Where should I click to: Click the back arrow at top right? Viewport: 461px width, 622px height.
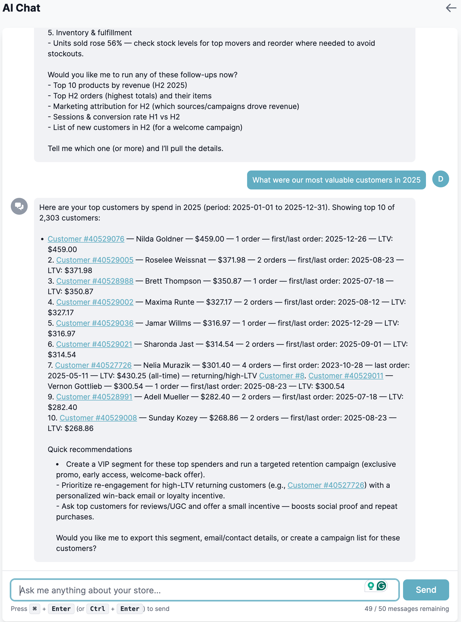pos(451,8)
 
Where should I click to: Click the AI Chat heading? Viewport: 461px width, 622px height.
pos(22,8)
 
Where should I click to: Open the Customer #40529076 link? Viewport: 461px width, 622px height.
pos(86,239)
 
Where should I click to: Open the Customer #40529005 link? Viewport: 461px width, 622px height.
pos(95,260)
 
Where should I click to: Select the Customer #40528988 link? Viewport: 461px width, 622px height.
pos(95,281)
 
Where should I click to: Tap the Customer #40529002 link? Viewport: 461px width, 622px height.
pos(95,302)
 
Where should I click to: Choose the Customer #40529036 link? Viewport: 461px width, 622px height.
pos(95,323)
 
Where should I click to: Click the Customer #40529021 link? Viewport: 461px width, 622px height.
pos(94,344)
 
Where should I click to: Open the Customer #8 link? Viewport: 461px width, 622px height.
pos(282,376)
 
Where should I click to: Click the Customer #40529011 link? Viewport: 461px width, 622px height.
pos(346,376)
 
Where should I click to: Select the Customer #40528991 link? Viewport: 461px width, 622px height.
pos(94,397)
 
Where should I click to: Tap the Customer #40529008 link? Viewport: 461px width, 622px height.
pos(98,418)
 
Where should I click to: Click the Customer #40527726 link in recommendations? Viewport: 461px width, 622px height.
pos(326,485)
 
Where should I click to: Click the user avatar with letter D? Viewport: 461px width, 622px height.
pos(440,179)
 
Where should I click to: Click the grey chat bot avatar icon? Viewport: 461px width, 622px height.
pos(19,206)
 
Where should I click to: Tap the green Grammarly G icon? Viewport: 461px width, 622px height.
pos(381,586)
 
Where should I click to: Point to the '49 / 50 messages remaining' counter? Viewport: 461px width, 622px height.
pos(406,609)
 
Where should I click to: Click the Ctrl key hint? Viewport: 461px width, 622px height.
pos(97,609)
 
